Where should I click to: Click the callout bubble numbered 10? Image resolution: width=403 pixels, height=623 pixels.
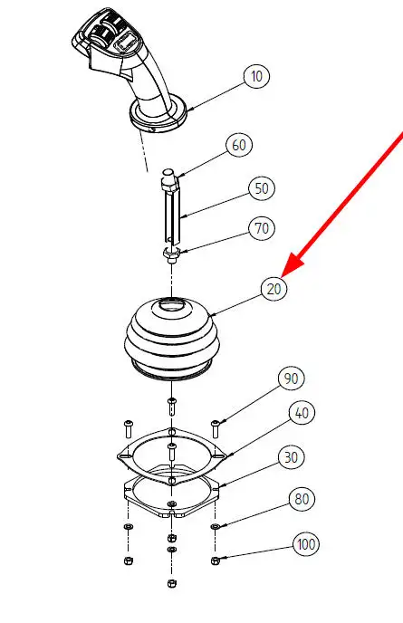click(257, 76)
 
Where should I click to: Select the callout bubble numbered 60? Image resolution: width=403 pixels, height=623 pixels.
click(239, 145)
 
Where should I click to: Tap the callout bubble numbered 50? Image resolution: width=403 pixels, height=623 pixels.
click(262, 188)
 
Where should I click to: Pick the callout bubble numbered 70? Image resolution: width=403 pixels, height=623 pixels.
click(262, 228)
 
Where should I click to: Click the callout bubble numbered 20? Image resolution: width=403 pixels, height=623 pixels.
click(273, 289)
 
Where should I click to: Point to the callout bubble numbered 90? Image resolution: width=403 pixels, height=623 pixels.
click(292, 379)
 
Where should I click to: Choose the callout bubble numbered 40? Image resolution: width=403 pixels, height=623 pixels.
click(302, 413)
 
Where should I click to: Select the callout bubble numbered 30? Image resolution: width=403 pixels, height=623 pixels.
click(292, 457)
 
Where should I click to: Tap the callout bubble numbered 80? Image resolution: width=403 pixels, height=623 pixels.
click(302, 499)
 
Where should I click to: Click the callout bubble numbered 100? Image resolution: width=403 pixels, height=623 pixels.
click(306, 543)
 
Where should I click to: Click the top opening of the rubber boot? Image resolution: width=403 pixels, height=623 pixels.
click(172, 305)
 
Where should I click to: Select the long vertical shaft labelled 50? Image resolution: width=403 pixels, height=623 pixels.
click(172, 213)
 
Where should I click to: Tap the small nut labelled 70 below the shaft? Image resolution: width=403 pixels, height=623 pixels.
click(172, 254)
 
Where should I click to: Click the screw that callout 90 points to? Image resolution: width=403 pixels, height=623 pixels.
click(215, 427)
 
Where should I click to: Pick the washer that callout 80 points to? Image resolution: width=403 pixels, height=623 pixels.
click(215, 526)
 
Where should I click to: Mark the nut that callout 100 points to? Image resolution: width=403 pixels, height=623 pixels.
click(215, 561)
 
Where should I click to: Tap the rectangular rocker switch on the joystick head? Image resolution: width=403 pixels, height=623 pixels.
click(127, 42)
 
